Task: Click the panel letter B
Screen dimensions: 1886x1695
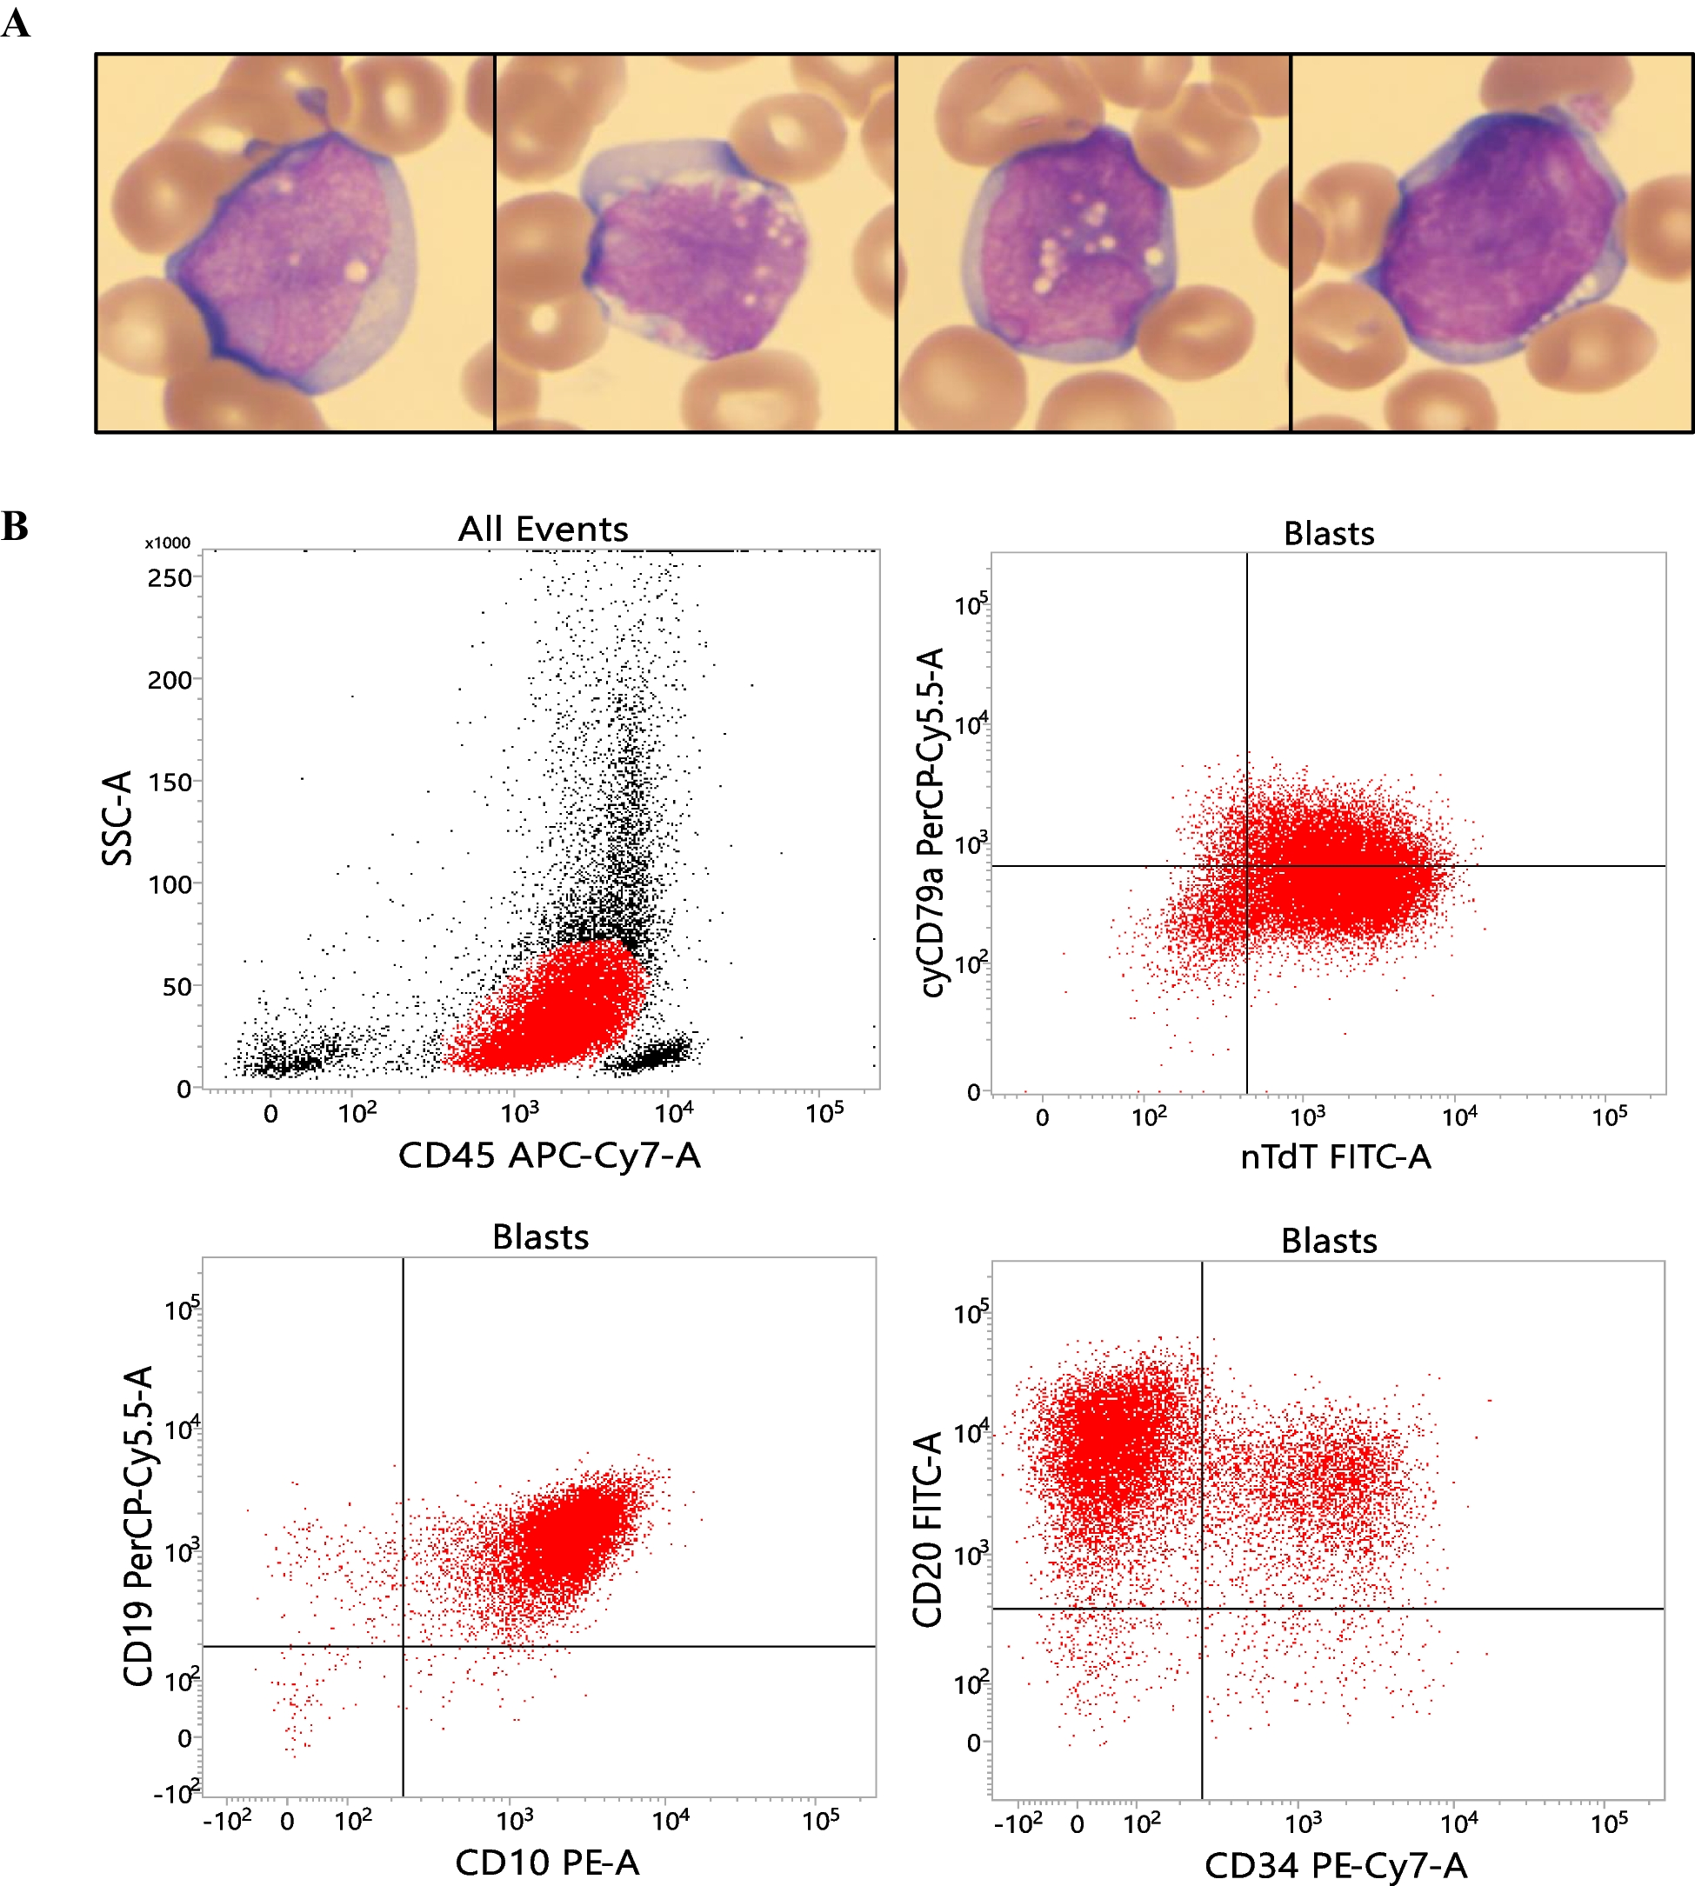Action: tap(15, 525)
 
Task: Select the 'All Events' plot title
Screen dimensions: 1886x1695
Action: tap(543, 529)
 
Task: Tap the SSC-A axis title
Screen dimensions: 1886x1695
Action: tap(117, 817)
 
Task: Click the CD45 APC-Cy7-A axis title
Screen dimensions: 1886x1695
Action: tap(550, 1155)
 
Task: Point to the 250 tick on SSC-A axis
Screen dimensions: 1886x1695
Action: tap(170, 578)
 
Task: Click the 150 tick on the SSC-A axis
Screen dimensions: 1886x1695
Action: tap(170, 783)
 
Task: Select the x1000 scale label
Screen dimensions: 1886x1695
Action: tap(168, 543)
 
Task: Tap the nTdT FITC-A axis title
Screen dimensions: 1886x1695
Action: tap(1335, 1156)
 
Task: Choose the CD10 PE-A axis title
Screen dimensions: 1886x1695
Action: tap(547, 1862)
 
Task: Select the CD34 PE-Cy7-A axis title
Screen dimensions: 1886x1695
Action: tap(1335, 1864)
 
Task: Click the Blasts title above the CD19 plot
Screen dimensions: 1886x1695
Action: tap(540, 1236)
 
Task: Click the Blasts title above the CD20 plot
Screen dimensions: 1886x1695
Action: tap(1328, 1241)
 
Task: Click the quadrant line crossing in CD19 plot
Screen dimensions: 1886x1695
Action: tap(404, 1646)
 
